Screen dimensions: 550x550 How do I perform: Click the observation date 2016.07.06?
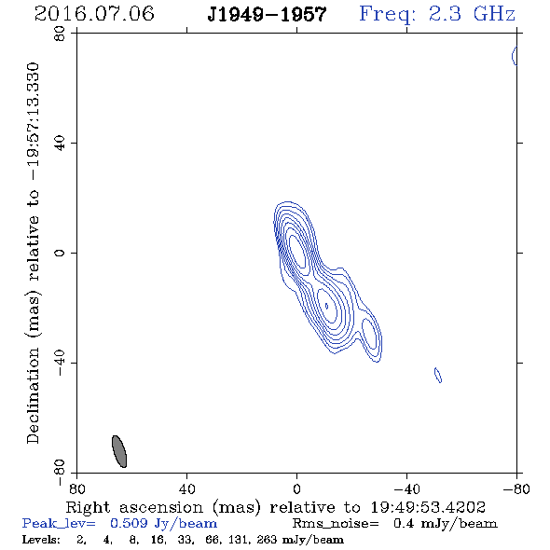pyautogui.click(x=94, y=14)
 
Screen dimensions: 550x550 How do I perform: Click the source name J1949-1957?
pyautogui.click(x=267, y=15)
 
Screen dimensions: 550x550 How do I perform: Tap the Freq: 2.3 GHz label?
pyautogui.click(x=437, y=14)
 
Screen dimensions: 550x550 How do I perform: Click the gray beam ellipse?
pyautogui.click(x=119, y=451)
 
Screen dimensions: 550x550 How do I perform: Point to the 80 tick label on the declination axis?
pyautogui.click(x=60, y=34)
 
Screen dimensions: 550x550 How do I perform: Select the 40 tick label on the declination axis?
pyautogui.click(x=60, y=144)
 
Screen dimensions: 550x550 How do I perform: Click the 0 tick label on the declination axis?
pyautogui.click(x=60, y=253)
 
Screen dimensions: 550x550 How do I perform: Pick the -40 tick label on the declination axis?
pyautogui.click(x=60, y=363)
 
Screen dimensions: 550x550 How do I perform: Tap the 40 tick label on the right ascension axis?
pyautogui.click(x=187, y=489)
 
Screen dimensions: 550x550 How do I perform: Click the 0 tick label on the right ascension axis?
pyautogui.click(x=296, y=489)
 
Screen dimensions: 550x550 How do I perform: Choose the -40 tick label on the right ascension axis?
pyautogui.click(x=406, y=489)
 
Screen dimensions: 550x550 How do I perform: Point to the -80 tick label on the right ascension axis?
pyautogui.click(x=516, y=489)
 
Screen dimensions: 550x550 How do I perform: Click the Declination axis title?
pyautogui.click(x=33, y=253)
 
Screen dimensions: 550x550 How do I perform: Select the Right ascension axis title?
pyautogui.click(x=276, y=507)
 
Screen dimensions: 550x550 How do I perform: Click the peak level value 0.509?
pyautogui.click(x=129, y=523)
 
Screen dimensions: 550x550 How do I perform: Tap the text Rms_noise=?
pyautogui.click(x=336, y=524)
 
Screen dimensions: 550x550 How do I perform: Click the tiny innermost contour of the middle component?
pyautogui.click(x=326, y=306)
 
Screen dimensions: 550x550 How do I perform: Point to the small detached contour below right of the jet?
pyautogui.click(x=438, y=375)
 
